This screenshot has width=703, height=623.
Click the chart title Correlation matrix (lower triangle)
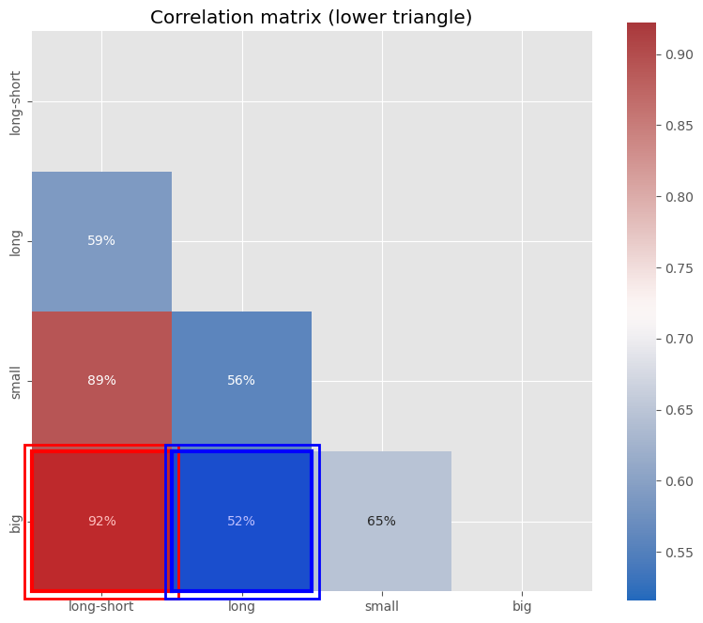coord(311,18)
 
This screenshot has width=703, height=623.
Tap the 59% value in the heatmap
coord(101,241)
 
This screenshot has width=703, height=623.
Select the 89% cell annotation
coord(101,381)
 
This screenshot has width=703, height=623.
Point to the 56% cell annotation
coord(241,381)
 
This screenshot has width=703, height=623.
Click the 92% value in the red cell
coord(101,522)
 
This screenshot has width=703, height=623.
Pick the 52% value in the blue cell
coord(241,522)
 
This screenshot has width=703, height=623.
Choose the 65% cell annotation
coord(381,522)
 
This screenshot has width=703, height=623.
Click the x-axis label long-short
coord(101,607)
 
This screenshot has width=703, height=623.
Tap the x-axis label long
coord(241,607)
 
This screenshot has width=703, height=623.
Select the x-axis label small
coord(381,607)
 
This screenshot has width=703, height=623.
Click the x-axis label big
coord(522,607)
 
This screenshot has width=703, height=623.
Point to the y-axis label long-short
coord(16,102)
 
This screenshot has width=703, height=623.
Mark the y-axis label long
coord(16,242)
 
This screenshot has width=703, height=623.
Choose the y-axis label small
coord(16,382)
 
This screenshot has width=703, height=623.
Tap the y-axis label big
coord(16,522)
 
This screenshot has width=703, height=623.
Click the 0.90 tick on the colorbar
coord(680,54)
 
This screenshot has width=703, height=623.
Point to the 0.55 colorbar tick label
coord(680,553)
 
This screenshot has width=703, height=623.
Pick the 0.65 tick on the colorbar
coord(680,410)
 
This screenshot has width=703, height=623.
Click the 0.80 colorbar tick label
coord(680,197)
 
